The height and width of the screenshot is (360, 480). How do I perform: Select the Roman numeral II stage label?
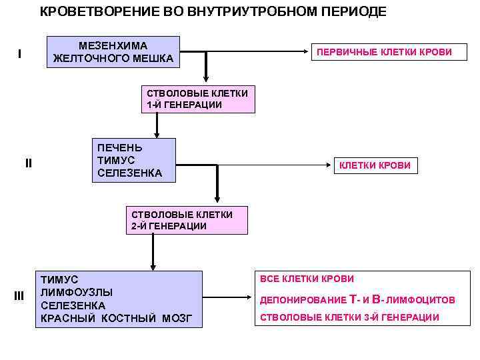(x=28, y=163)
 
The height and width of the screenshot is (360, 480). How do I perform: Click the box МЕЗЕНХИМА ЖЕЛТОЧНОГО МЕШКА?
(x=113, y=52)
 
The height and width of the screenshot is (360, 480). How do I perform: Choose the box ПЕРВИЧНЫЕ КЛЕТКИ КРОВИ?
(x=383, y=52)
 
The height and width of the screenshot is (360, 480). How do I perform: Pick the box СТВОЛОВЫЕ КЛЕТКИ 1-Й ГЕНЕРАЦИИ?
(x=198, y=99)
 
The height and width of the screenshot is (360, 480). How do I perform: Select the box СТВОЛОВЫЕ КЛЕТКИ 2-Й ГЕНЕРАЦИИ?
(x=182, y=220)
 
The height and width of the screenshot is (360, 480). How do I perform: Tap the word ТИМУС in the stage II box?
(x=116, y=160)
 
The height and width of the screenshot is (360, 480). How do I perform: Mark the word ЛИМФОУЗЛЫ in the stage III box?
(x=77, y=292)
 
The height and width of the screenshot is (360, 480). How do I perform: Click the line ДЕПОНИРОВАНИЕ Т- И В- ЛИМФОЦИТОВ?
(x=357, y=300)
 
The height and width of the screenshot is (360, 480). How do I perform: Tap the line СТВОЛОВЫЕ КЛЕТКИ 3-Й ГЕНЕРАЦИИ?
(x=349, y=317)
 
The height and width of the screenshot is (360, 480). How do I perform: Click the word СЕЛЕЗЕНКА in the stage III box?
(x=73, y=305)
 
